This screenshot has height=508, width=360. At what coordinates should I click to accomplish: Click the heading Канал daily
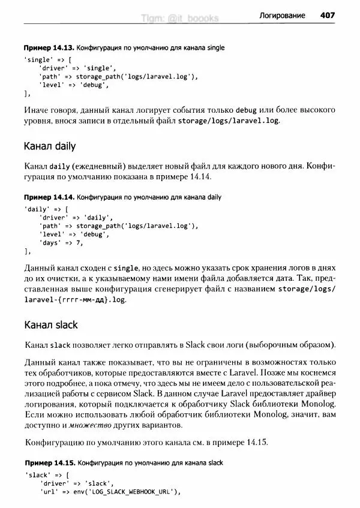[50, 146]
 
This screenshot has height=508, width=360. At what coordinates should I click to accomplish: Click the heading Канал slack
[50, 325]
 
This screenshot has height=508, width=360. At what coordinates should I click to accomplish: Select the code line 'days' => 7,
[61, 244]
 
